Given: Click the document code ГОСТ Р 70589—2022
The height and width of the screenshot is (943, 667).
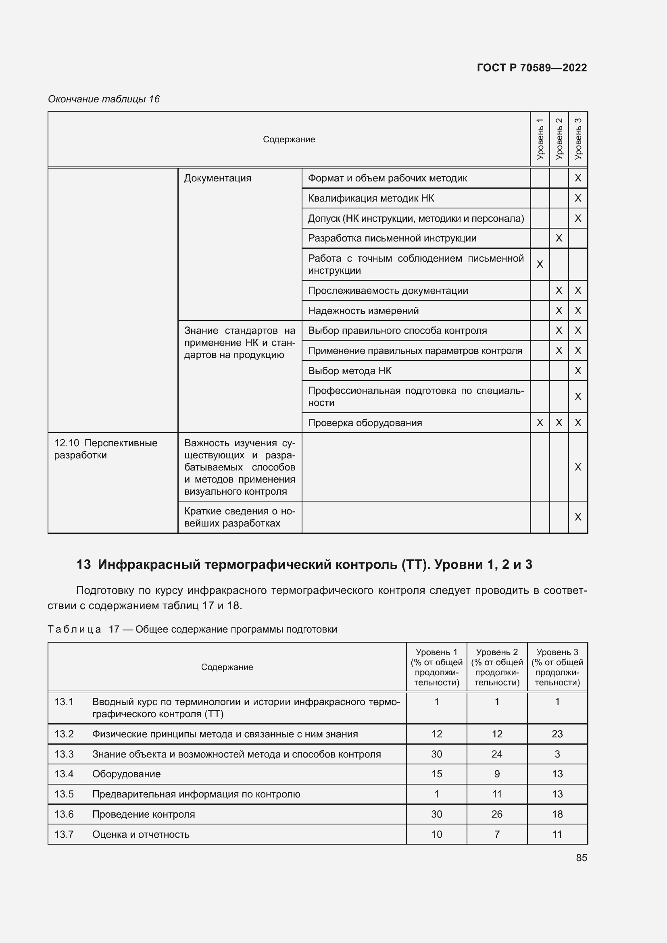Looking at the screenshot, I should (532, 68).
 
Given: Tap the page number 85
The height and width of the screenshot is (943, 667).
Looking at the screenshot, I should (581, 858).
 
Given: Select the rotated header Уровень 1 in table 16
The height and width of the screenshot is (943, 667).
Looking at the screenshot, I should (540, 139).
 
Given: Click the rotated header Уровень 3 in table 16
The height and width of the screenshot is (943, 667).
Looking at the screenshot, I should (578, 139).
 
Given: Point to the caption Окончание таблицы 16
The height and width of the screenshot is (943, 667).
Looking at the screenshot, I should (104, 99).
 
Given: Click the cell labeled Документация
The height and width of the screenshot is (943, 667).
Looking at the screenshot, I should (217, 178).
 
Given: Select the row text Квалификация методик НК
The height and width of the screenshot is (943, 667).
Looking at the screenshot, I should (371, 198).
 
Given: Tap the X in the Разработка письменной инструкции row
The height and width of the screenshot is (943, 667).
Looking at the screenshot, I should (559, 238).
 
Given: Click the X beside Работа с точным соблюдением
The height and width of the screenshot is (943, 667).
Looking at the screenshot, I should (540, 264).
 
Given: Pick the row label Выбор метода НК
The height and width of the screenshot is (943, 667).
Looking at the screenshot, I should (350, 371).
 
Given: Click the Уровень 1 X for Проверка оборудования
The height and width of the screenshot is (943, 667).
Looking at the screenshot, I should (540, 423).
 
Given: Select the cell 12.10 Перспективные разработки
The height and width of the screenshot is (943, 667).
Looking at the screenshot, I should (106, 449).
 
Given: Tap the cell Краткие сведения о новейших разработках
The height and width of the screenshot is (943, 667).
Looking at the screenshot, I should (240, 517).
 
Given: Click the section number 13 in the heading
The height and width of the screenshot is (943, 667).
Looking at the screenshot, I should (83, 564).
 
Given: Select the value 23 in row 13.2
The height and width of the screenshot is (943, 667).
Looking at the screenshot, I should (557, 734).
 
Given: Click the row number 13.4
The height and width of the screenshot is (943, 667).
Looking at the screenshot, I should (64, 774).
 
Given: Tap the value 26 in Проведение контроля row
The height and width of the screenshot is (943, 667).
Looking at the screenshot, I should (496, 814).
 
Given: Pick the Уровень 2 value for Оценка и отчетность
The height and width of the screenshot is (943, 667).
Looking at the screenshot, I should (496, 834).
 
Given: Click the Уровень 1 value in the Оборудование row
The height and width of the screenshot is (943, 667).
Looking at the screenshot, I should (437, 774).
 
